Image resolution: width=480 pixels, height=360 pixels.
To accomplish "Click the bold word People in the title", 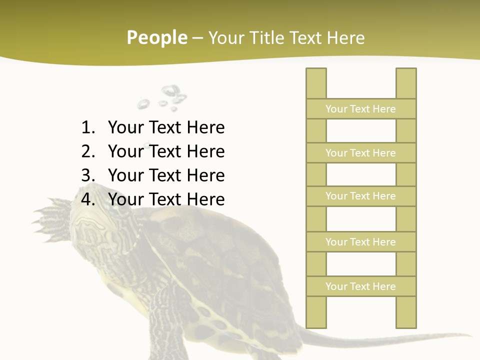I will pos(156,37).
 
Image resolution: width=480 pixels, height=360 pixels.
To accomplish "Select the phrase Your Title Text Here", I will pos(286,37).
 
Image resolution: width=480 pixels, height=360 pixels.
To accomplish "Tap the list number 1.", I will pos(87,127).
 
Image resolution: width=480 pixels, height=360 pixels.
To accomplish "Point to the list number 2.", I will pos(87,151).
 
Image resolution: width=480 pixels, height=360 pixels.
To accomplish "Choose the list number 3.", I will pos(87,175).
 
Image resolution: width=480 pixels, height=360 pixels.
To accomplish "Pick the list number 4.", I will pos(87,199).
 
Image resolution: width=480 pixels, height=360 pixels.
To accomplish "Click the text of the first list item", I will pos(166,127).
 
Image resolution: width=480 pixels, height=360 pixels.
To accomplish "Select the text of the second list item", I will pos(166,151).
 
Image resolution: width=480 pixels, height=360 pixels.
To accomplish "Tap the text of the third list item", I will pos(166,175).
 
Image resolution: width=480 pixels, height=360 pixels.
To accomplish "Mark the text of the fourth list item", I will pos(166,199).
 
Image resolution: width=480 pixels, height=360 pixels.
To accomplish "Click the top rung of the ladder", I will pos(360,109).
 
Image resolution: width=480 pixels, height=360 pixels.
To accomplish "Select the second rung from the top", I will pos(360,153).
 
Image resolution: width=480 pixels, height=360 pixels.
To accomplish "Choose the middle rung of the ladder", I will pos(360,196).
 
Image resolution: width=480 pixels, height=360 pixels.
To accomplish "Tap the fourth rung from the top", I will pos(360,242).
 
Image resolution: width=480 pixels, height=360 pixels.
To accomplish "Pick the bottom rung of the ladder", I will pos(360,286).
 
